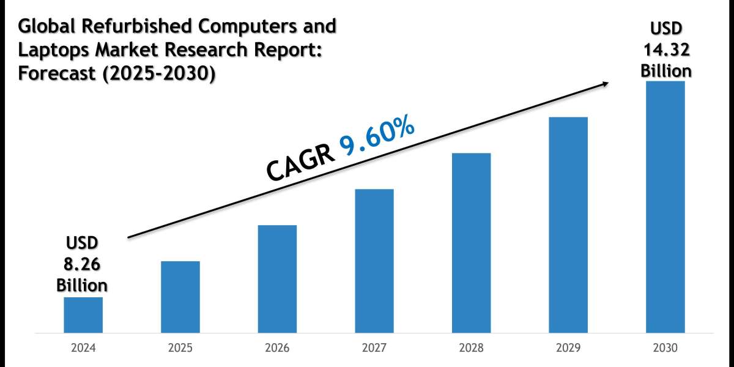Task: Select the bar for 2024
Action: click(x=83, y=315)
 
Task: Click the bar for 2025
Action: click(x=180, y=297)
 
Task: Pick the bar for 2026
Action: click(x=277, y=279)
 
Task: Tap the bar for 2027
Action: click(x=374, y=261)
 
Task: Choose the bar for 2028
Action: click(x=471, y=243)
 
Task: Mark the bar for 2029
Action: click(x=568, y=225)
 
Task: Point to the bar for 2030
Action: click(x=665, y=207)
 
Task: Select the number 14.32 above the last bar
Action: click(x=666, y=50)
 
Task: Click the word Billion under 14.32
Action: click(x=666, y=70)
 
